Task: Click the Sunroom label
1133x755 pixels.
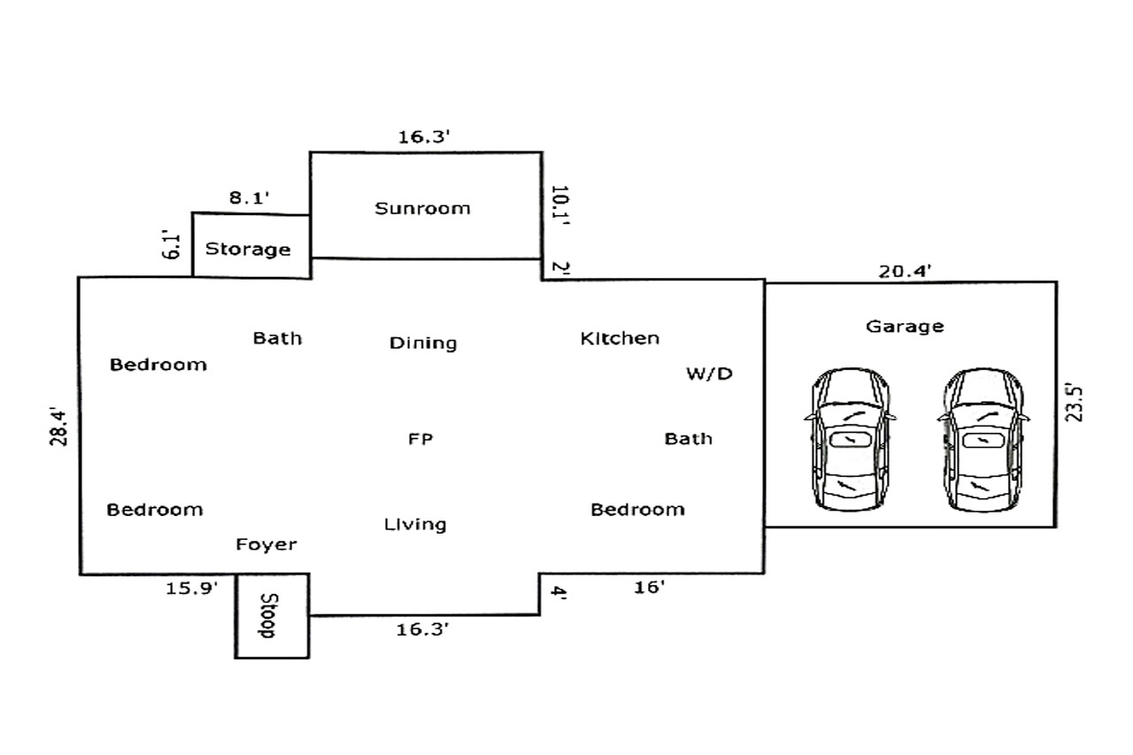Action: point(422,208)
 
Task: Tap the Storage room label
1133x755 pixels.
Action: point(248,249)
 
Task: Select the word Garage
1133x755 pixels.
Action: point(905,327)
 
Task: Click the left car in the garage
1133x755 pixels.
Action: point(850,439)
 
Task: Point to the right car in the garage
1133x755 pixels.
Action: point(983,439)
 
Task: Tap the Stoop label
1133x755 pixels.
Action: point(268,615)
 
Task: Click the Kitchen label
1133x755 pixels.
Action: point(620,338)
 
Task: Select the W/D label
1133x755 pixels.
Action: point(709,374)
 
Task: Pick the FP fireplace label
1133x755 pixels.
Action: point(420,438)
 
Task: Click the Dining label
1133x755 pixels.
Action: point(423,343)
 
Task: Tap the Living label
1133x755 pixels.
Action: point(415,524)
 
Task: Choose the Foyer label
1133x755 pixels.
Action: point(266,544)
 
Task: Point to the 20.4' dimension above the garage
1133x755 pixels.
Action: point(905,272)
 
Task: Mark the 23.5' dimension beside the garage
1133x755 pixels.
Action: point(1074,403)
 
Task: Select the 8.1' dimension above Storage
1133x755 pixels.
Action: point(249,197)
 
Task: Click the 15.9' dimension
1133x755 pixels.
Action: point(192,588)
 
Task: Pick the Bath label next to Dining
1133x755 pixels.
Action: point(277,338)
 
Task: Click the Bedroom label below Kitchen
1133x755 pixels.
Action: point(638,509)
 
